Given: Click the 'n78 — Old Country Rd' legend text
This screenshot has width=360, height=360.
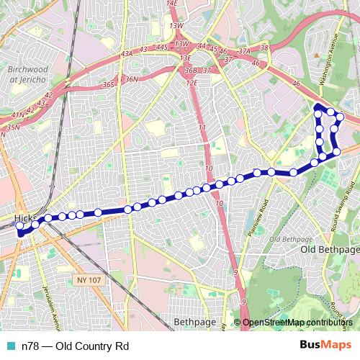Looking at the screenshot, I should (x=69, y=346).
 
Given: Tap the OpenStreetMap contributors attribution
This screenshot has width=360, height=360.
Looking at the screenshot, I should (x=297, y=323).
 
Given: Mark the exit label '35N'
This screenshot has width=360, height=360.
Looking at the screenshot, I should (x=13, y=127).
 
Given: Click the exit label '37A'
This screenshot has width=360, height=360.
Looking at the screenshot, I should (x=244, y=51).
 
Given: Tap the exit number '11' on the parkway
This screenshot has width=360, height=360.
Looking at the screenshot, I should (x=202, y=127).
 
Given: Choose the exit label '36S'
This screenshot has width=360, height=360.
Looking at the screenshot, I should (x=109, y=84).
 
